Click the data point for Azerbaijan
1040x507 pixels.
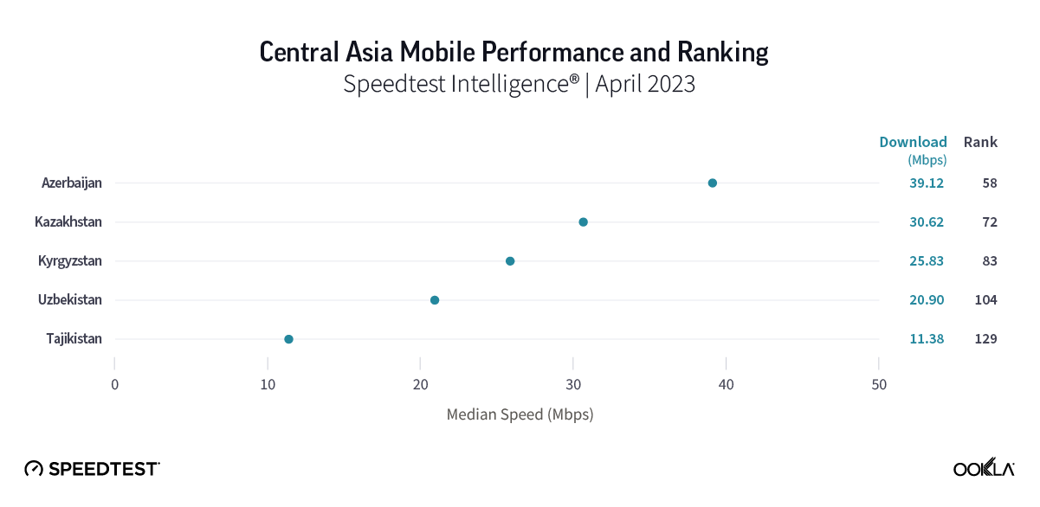(x=713, y=183)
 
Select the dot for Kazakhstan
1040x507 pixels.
(x=583, y=222)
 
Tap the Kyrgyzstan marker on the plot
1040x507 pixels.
(x=510, y=261)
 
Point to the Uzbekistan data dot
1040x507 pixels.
(x=435, y=300)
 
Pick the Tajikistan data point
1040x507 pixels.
(x=288, y=339)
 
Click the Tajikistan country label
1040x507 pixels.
(x=74, y=339)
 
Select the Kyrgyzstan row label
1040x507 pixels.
(x=70, y=261)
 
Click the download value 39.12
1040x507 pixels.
(x=927, y=183)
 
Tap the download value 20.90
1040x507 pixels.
(x=927, y=300)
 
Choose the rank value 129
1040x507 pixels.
(x=985, y=339)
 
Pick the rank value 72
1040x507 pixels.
(x=990, y=222)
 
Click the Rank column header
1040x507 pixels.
(x=981, y=142)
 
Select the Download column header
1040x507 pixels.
(x=913, y=142)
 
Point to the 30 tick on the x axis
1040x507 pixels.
(x=573, y=385)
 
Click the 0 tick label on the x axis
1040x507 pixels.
(x=115, y=385)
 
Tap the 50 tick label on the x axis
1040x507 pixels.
(x=879, y=385)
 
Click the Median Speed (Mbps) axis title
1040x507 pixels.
(x=520, y=414)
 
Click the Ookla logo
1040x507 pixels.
(x=984, y=468)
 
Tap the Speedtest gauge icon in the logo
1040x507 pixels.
(x=34, y=469)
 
